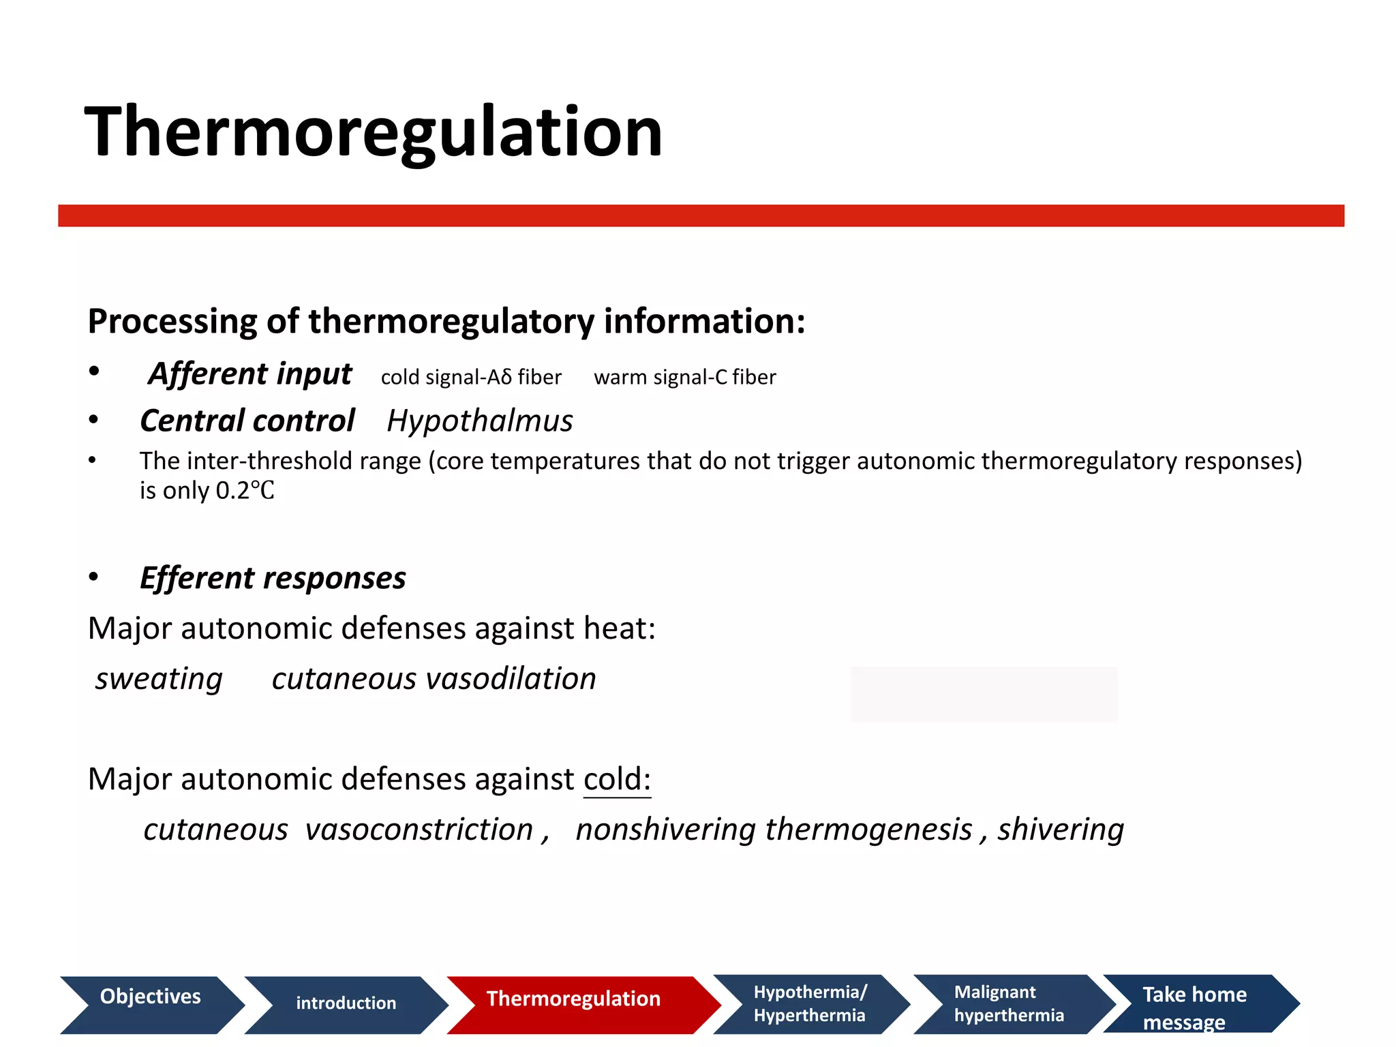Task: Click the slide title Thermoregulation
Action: click(374, 132)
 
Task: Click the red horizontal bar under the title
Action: click(701, 215)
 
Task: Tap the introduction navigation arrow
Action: click(346, 1003)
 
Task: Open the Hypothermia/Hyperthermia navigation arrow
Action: click(810, 1003)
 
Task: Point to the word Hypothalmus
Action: click(480, 421)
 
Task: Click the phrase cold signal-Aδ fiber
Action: click(471, 377)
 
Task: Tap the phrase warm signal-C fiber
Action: click(684, 377)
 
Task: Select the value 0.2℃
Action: click(245, 491)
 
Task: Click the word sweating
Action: click(159, 679)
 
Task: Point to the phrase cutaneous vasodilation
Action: click(434, 679)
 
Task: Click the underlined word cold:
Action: click(617, 779)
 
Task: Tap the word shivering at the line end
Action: click(1061, 830)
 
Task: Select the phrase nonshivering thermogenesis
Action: click(774, 830)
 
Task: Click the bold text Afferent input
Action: click(250, 374)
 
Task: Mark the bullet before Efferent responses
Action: click(93, 577)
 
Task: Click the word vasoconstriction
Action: click(419, 830)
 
